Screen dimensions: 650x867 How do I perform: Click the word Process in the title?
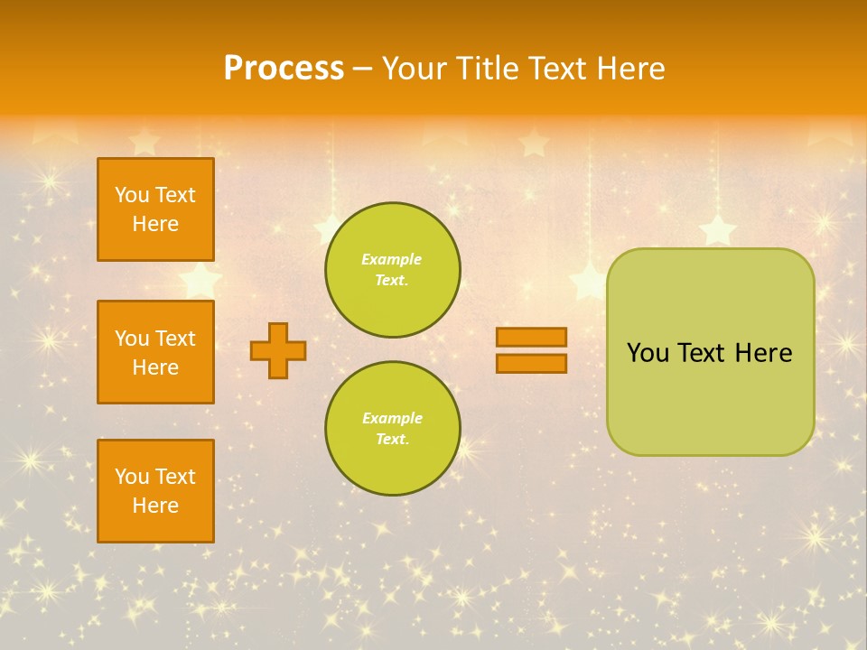coord(284,69)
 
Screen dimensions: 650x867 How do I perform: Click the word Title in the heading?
coord(488,69)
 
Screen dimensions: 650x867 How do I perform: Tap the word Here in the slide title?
coord(629,69)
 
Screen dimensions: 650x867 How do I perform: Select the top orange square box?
coord(155,209)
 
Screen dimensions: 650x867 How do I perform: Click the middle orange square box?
coord(155,352)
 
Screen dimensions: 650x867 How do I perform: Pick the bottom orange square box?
coord(155,491)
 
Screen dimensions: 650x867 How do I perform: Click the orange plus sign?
coord(278,350)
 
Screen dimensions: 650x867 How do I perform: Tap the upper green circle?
coord(392,270)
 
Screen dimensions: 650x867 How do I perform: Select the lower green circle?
coord(392,429)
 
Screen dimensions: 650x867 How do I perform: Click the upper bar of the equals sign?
coord(531,337)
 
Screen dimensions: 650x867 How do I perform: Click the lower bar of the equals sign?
coord(531,363)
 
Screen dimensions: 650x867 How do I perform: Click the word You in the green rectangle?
coord(648,353)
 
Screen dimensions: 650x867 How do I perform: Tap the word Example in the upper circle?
coord(391,259)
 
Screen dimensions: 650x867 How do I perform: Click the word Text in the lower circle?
coord(391,439)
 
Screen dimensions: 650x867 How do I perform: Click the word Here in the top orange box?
coord(155,224)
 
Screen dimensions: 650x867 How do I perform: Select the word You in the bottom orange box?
coord(132,477)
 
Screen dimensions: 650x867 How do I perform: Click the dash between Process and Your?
coord(363,70)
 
